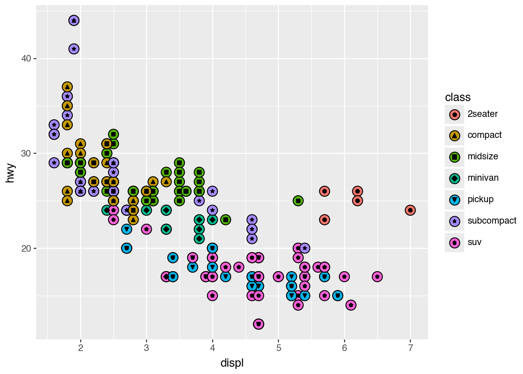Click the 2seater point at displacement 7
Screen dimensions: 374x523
click(x=410, y=210)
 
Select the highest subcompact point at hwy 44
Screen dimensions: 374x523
click(x=74, y=20)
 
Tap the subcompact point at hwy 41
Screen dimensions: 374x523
click(x=74, y=49)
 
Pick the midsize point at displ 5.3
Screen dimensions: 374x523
click(x=298, y=201)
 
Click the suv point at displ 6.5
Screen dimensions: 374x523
click(x=377, y=277)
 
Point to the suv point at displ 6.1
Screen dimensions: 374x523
click(x=351, y=305)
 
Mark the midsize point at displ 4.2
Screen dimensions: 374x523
click(x=226, y=220)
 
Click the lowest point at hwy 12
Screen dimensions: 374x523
click(x=258, y=324)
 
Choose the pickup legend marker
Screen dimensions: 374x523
click(x=455, y=200)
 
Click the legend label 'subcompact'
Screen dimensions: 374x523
click(x=492, y=221)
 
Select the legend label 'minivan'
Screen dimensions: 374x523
click(x=483, y=178)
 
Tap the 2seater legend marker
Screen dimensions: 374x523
click(x=455, y=114)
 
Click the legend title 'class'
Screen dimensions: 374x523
click(x=458, y=97)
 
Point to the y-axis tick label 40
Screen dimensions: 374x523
click(x=26, y=58)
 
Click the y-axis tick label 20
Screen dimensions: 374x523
click(x=26, y=249)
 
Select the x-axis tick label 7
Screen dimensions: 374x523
click(x=410, y=348)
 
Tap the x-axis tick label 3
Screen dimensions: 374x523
click(x=146, y=348)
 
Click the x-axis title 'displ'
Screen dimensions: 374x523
click(x=232, y=363)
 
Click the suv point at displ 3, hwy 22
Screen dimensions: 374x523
click(x=146, y=229)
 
